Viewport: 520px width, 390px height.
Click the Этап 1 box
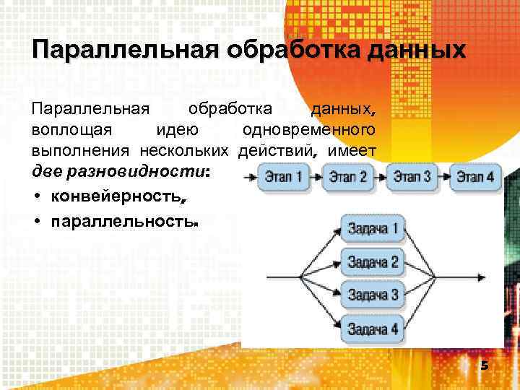(284, 175)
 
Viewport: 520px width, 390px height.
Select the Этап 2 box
(347, 176)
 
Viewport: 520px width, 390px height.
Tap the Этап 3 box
(412, 175)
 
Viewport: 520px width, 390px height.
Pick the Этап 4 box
(475, 175)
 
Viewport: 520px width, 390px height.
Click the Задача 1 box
(373, 230)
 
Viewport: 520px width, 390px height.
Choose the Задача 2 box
(373, 262)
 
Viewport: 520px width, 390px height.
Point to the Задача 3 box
(373, 294)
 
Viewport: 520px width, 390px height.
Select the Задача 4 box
(373, 329)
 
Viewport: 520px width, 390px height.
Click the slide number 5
(485, 366)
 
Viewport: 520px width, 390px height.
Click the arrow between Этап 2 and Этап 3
(379, 176)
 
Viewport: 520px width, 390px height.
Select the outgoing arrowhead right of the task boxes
(480, 277)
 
